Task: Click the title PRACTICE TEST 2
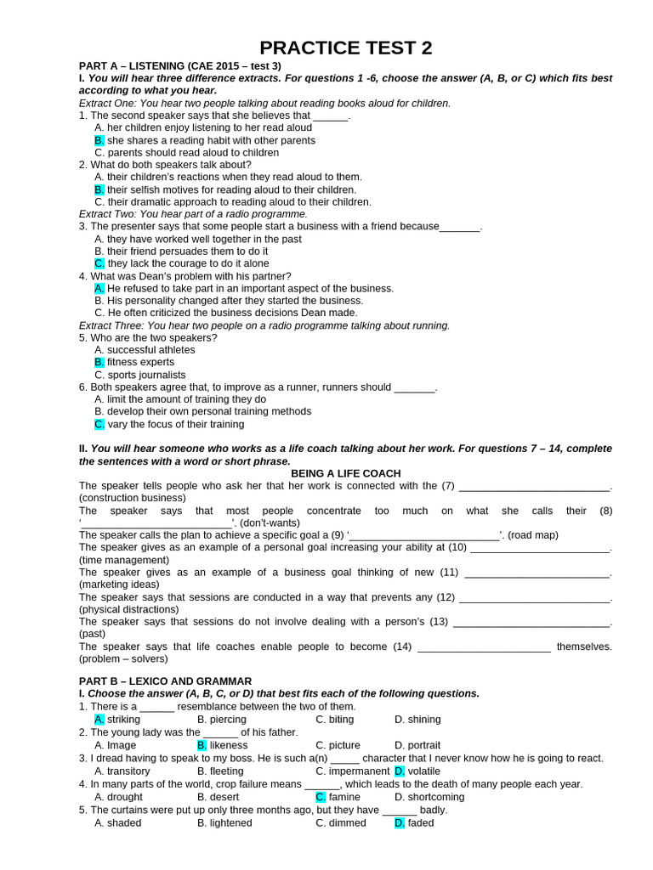tap(345, 48)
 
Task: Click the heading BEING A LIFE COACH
tap(345, 473)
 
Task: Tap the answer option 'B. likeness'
tap(222, 745)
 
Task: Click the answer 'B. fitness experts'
tap(133, 362)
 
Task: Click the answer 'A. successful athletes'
tap(145, 349)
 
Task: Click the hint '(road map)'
tap(531, 535)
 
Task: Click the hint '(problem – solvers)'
tap(123, 658)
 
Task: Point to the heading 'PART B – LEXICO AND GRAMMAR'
tap(165, 681)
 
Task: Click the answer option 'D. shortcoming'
tap(429, 797)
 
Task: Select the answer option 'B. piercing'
tap(221, 719)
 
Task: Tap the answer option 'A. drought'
tap(118, 797)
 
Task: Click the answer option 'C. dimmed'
tap(340, 822)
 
